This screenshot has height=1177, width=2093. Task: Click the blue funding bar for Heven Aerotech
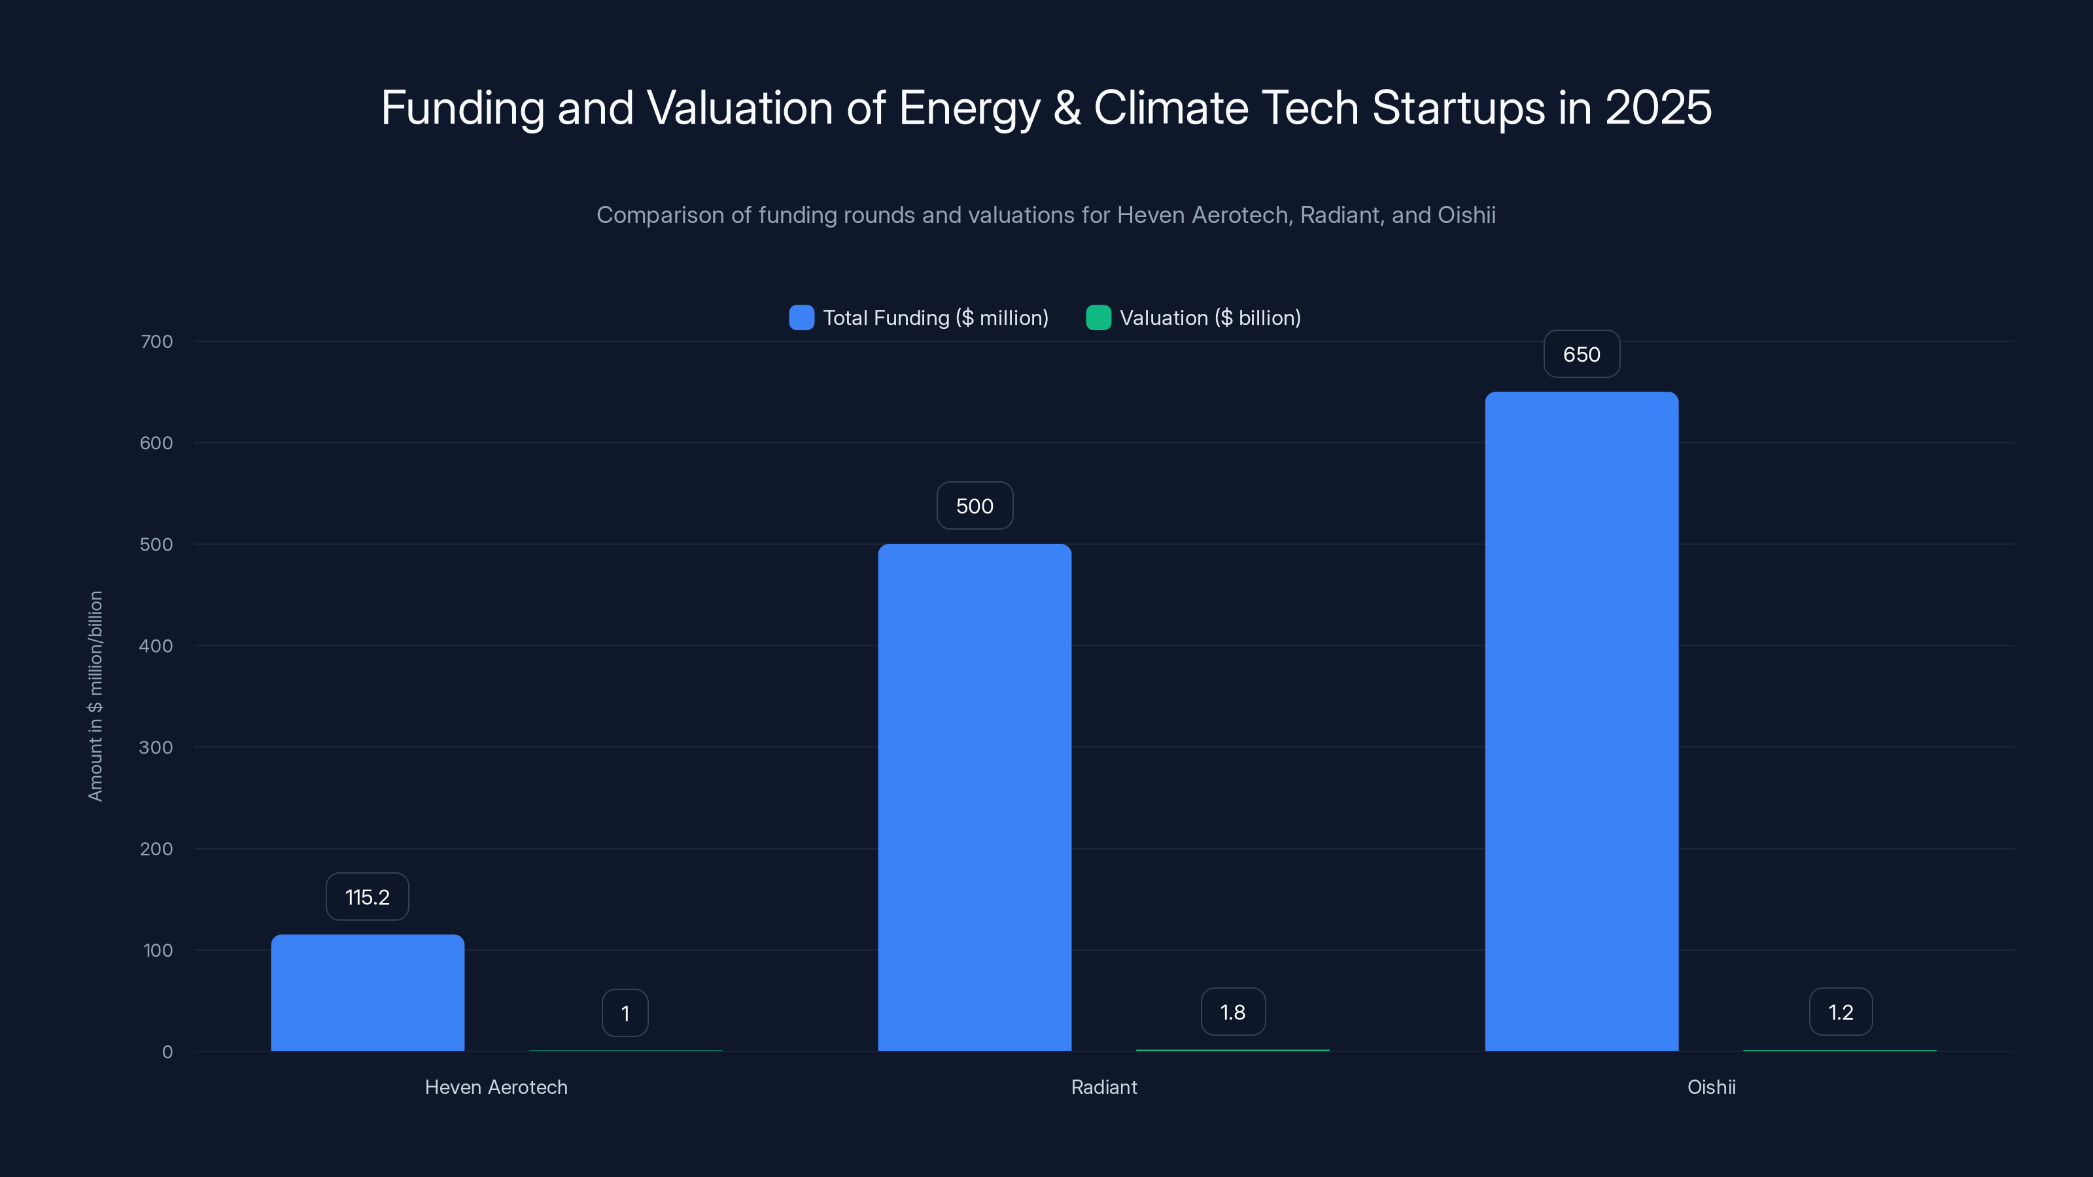(367, 992)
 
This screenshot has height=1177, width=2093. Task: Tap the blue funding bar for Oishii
(1581, 721)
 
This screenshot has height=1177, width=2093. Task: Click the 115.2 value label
(367, 896)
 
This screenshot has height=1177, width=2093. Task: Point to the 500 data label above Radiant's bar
(974, 506)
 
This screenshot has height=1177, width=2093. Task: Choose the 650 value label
(1581, 354)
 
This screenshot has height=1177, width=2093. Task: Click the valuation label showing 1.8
(1232, 1012)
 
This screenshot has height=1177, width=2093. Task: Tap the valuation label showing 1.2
(1841, 1012)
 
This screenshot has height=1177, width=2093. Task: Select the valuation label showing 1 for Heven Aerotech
(625, 1013)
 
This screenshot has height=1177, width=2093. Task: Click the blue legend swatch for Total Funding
(801, 318)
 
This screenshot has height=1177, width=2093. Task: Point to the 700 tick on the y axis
(156, 341)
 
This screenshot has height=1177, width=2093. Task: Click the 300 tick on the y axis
(156, 747)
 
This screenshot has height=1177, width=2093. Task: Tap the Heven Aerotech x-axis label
(496, 1087)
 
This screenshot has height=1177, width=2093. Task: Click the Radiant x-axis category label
(1103, 1087)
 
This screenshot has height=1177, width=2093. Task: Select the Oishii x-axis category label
(1710, 1087)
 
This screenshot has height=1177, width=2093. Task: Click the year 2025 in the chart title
(1657, 108)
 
